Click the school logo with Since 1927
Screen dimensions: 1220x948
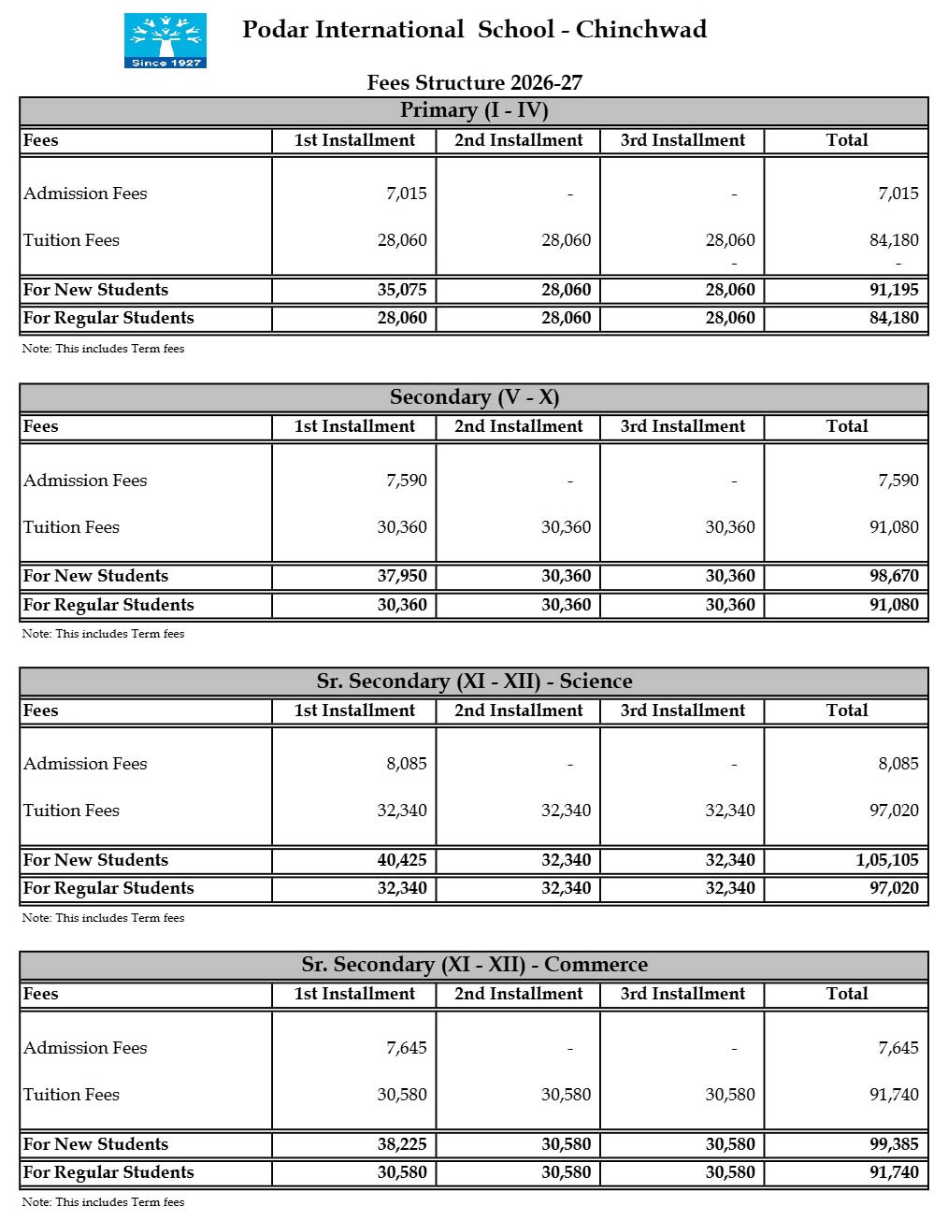[x=165, y=40]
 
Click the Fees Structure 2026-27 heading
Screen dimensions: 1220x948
[x=474, y=82]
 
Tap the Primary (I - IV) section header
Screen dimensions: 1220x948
[x=474, y=110]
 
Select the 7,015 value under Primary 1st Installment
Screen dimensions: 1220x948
[x=407, y=194]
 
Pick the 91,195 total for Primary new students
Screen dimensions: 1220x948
[x=894, y=290]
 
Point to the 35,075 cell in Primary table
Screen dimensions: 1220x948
[x=402, y=290]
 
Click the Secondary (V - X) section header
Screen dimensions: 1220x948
[x=474, y=397]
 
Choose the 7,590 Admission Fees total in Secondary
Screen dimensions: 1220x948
[x=898, y=481]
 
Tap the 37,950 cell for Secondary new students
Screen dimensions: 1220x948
[x=402, y=576]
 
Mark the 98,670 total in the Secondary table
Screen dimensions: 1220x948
[x=894, y=576]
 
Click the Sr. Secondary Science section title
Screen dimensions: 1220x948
[x=474, y=682]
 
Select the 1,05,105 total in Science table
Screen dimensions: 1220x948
[x=887, y=860]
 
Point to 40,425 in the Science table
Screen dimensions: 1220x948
[x=402, y=860]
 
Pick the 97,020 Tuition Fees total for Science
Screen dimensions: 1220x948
[x=894, y=811]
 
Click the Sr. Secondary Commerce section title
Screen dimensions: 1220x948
[x=474, y=965]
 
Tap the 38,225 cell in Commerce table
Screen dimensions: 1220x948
[x=402, y=1144]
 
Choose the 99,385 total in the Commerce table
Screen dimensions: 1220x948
[x=894, y=1144]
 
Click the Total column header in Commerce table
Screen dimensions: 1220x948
[x=847, y=994]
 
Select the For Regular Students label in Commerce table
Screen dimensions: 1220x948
[x=108, y=1172]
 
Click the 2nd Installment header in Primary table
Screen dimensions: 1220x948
[x=519, y=140]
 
